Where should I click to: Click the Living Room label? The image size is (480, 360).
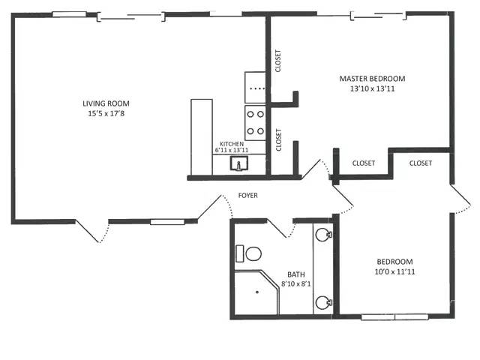tap(106, 103)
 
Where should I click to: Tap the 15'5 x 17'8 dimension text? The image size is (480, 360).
tap(106, 113)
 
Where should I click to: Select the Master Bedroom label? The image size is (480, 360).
tap(372, 79)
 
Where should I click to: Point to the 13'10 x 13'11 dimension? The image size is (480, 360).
tap(373, 88)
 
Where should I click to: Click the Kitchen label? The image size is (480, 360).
tap(232, 144)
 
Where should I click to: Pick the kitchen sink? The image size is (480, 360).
tap(239, 163)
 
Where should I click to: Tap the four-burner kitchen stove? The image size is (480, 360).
tap(255, 123)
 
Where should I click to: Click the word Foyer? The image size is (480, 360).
tap(248, 195)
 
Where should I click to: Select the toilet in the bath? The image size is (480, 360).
tap(248, 253)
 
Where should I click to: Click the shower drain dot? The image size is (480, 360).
tap(257, 292)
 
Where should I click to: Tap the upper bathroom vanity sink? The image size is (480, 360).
tap(323, 235)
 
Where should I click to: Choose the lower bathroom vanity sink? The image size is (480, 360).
tap(323, 302)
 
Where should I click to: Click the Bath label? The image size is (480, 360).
tap(296, 274)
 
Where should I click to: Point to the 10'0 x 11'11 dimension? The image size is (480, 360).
tap(395, 271)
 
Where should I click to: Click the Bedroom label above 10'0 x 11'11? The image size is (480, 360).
tap(394, 262)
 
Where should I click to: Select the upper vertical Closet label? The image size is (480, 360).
tap(278, 61)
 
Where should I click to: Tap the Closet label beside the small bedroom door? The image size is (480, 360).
tap(421, 163)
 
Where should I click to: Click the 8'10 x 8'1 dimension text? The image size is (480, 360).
tap(296, 283)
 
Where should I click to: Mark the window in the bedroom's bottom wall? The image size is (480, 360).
tap(394, 316)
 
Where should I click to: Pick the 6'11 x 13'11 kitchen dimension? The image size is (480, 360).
tap(232, 150)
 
